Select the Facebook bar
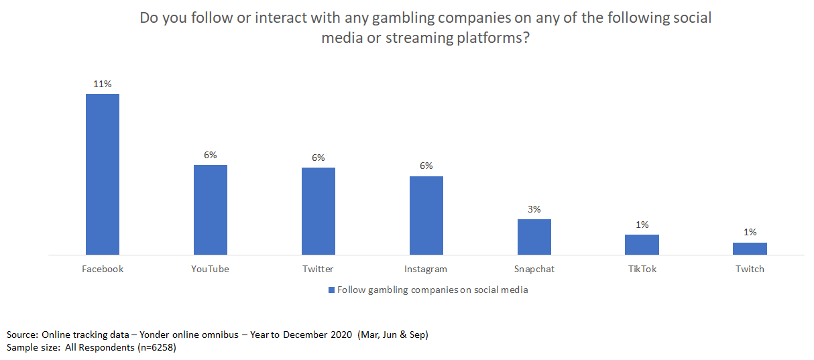[103, 174]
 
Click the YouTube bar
[211, 210]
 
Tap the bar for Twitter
[318, 211]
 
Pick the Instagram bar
[426, 215]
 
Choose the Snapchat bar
[534, 237]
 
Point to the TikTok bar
[642, 245]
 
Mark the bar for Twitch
[750, 249]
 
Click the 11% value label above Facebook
[103, 84]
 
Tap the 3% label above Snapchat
[534, 209]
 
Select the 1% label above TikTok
[642, 225]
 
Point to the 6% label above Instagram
[426, 166]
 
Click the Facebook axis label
[103, 269]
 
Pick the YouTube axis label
[211, 269]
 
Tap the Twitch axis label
[750, 269]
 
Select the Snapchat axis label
[534, 269]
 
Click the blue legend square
[331, 290]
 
